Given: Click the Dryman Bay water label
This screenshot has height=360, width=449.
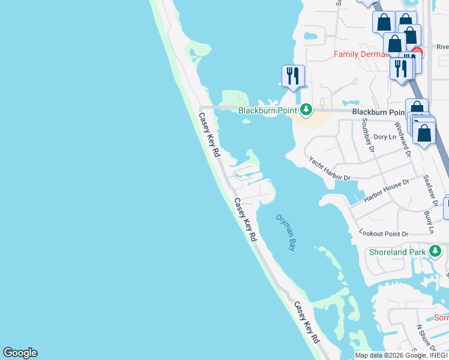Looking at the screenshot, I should [286, 232].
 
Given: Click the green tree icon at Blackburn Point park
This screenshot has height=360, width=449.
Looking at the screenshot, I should [306, 109].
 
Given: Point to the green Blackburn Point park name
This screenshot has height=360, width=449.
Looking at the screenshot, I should [268, 110].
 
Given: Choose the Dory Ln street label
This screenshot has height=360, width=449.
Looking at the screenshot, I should [385, 137].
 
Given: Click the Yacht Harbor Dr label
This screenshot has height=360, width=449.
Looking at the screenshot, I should [330, 169].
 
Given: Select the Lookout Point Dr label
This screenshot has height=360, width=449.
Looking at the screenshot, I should [384, 232].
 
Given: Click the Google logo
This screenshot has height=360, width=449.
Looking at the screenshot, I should [20, 353].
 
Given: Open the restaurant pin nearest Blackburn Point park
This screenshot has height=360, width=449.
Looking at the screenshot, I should [293, 76].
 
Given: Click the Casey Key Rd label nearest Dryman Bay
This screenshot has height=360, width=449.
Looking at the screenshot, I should [245, 220].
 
